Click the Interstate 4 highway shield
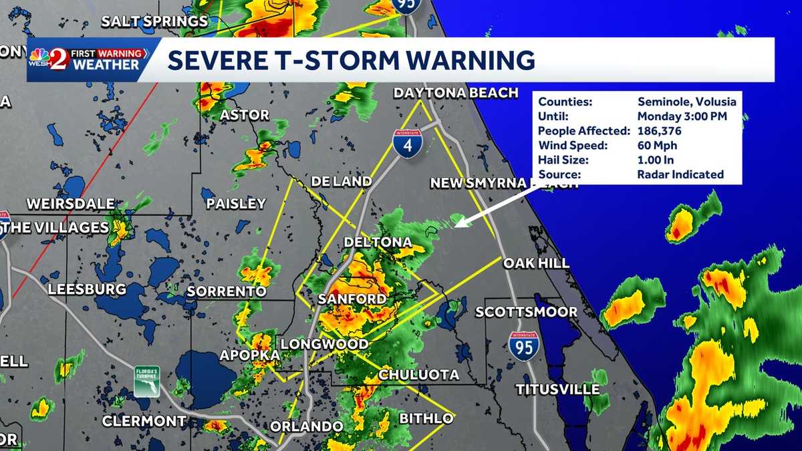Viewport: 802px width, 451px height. tap(406, 142)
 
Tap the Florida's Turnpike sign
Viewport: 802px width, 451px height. tap(146, 380)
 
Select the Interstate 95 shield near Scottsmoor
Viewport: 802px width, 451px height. tap(523, 345)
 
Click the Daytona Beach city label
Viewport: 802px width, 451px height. tap(456, 93)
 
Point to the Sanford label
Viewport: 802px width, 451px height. tap(352, 299)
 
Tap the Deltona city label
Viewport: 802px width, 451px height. tap(378, 242)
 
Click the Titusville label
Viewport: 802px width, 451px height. tap(557, 389)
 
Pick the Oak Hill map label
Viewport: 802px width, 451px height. tap(536, 263)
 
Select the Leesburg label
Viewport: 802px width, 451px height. tap(87, 289)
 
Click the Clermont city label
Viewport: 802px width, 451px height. tap(144, 421)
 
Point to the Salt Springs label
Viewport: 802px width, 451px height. tap(154, 21)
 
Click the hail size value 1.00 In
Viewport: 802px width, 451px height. tap(655, 160)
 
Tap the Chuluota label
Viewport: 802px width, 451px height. tap(419, 375)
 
